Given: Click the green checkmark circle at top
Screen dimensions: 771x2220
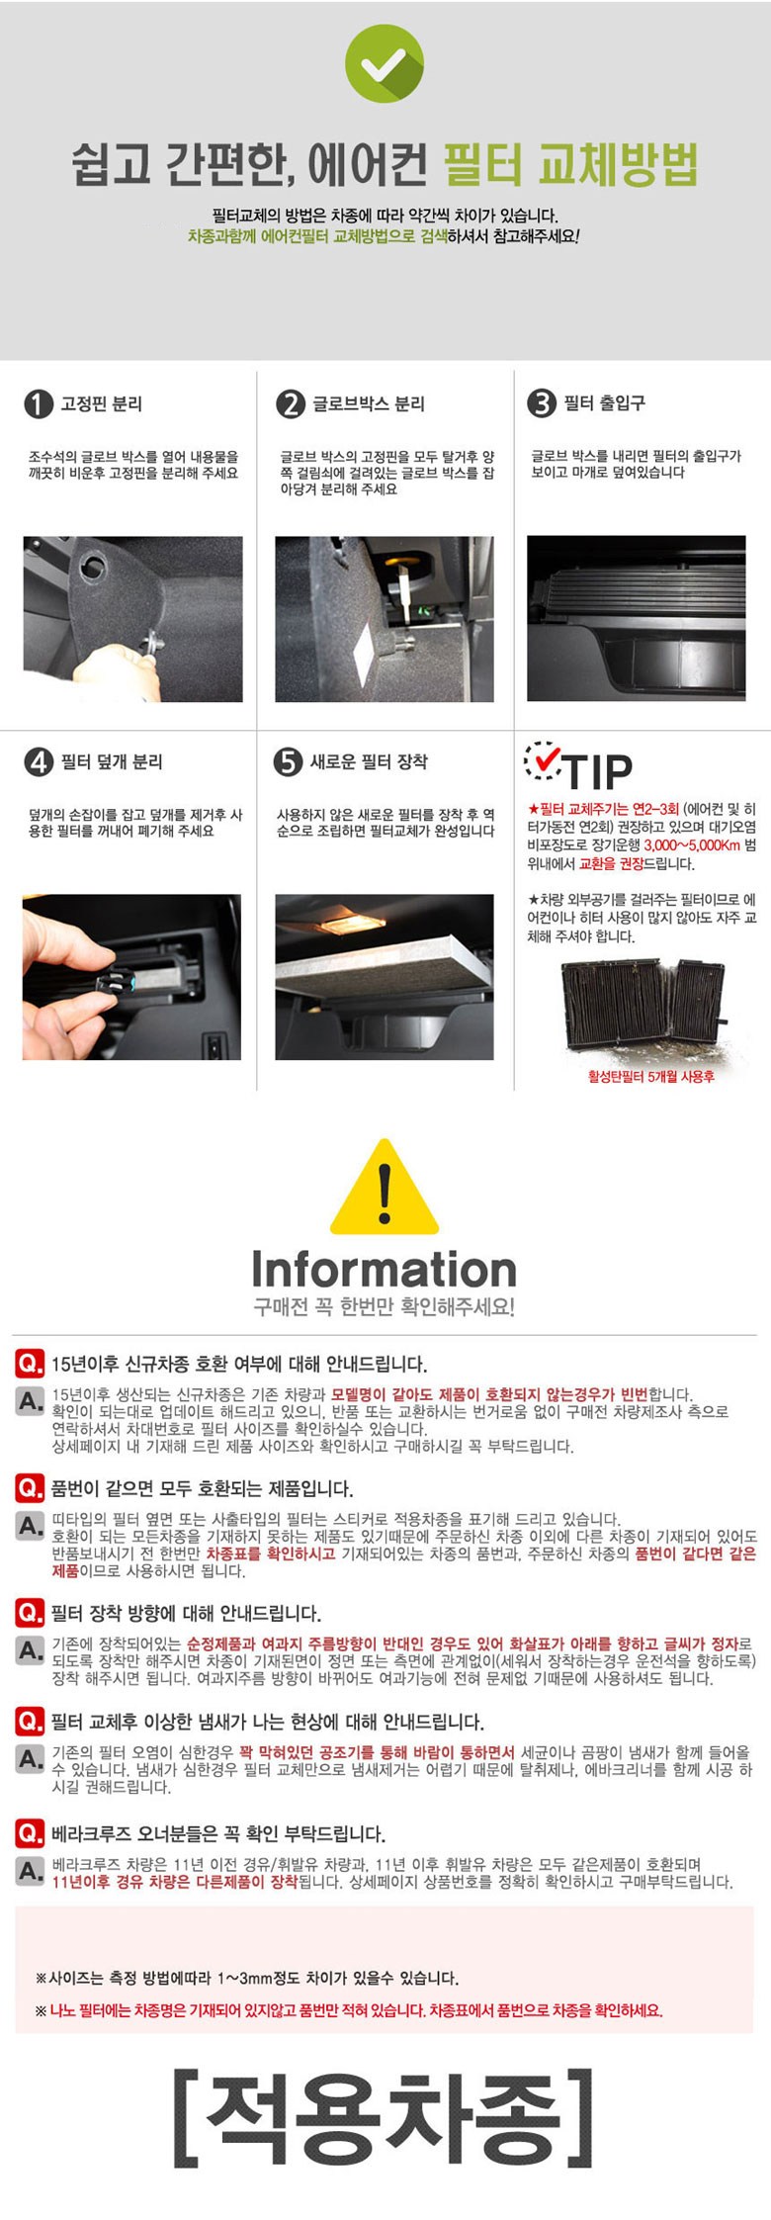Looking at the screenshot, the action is [384, 63].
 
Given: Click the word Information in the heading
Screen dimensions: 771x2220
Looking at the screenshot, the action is [385, 1269].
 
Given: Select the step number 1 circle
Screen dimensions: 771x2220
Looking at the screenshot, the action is [38, 403].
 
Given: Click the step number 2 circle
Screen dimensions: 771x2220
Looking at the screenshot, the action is [291, 403].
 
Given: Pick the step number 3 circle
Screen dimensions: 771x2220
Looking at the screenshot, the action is [542, 403].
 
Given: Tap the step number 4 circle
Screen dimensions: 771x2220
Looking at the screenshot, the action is [38, 761].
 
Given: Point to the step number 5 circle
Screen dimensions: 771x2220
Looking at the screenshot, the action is [288, 761].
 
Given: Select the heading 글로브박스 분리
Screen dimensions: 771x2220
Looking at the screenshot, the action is [369, 403].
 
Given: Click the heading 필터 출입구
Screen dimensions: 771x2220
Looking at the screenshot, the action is [605, 402].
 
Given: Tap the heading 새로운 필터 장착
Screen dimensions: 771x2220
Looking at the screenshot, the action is [369, 761].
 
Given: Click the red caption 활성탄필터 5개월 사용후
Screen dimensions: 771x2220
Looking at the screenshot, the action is [651, 1076].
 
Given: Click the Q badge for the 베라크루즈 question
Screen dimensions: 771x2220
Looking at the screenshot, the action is [30, 1834].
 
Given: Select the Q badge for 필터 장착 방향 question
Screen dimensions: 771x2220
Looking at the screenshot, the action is [30, 1613].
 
